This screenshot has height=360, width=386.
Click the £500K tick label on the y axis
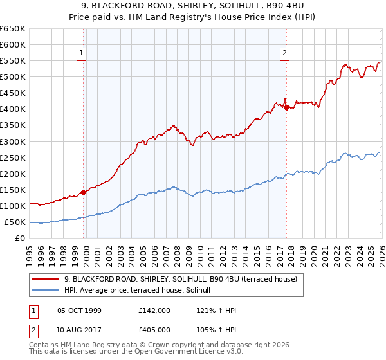pos(13,77)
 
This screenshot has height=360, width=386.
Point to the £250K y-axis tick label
pos(13,157)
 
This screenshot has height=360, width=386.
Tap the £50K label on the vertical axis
pos(15,222)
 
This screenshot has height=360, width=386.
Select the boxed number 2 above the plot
pos(284,54)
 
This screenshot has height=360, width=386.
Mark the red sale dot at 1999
pos(83,192)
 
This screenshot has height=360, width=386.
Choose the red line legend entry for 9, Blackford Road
pos(180,280)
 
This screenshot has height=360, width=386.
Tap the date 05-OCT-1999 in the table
pos(79,310)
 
